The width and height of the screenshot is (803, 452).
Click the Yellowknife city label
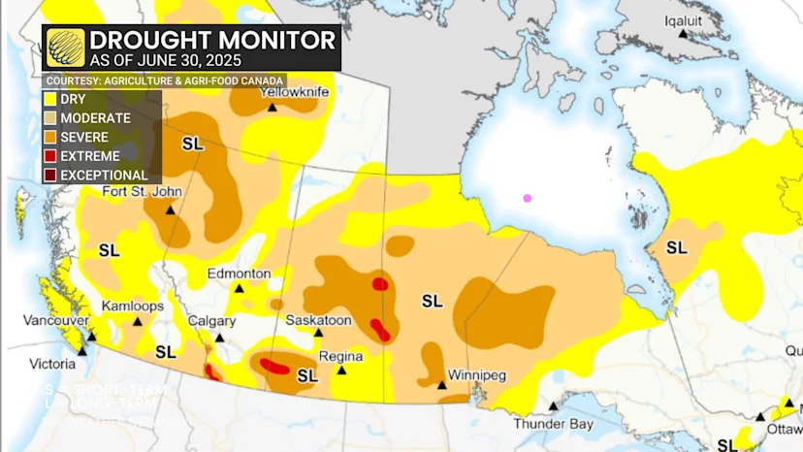pos(295,92)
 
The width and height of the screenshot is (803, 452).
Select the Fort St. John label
pos(142,191)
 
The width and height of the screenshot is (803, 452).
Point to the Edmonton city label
pos(239,274)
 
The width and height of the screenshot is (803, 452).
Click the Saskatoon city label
pos(318,320)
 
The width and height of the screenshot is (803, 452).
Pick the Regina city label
pos(340,356)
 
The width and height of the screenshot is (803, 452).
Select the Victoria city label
pos(52,364)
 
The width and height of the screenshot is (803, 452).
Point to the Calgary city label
pos(212,321)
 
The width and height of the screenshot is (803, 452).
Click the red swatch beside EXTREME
pos(49,156)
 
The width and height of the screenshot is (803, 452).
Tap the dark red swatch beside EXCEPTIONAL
pos(49,176)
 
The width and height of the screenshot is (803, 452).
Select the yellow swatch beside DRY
pos(49,99)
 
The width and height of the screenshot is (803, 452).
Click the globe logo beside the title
pos(66,48)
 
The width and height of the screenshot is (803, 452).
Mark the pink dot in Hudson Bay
pos(528,198)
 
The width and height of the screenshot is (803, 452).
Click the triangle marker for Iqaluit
pos(684,34)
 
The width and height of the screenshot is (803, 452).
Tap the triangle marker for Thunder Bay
pos(553,406)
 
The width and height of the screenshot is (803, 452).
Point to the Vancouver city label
pos(56,320)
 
